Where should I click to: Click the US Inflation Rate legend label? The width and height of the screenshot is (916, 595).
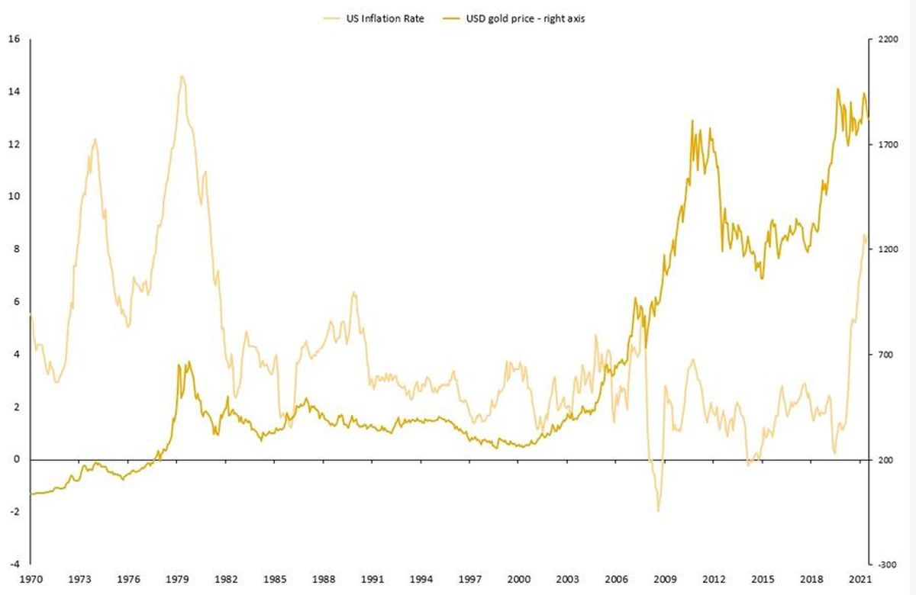tap(385, 18)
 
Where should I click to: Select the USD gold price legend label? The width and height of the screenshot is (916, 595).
tap(525, 18)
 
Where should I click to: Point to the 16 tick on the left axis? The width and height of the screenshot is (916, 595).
tap(14, 39)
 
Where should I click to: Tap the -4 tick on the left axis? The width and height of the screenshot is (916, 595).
tap(14, 564)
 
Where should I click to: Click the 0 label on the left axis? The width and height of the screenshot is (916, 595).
tap(16, 459)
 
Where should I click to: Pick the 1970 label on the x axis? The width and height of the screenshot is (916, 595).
tap(31, 579)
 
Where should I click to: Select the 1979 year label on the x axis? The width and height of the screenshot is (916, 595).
tap(177, 579)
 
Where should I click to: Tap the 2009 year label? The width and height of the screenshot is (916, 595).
tap(665, 579)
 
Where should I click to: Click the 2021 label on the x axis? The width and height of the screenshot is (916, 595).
tap(860, 579)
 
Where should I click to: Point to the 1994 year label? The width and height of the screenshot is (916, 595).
tap(421, 579)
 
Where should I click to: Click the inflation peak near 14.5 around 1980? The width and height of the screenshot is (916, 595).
tap(182, 76)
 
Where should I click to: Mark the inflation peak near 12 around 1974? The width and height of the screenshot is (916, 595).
tap(95, 139)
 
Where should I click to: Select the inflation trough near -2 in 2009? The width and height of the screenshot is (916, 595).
tap(658, 511)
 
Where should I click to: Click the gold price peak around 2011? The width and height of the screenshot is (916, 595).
tap(692, 121)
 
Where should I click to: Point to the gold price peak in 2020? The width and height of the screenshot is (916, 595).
tap(838, 88)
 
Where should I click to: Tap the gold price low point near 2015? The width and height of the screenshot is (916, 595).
tap(763, 278)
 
